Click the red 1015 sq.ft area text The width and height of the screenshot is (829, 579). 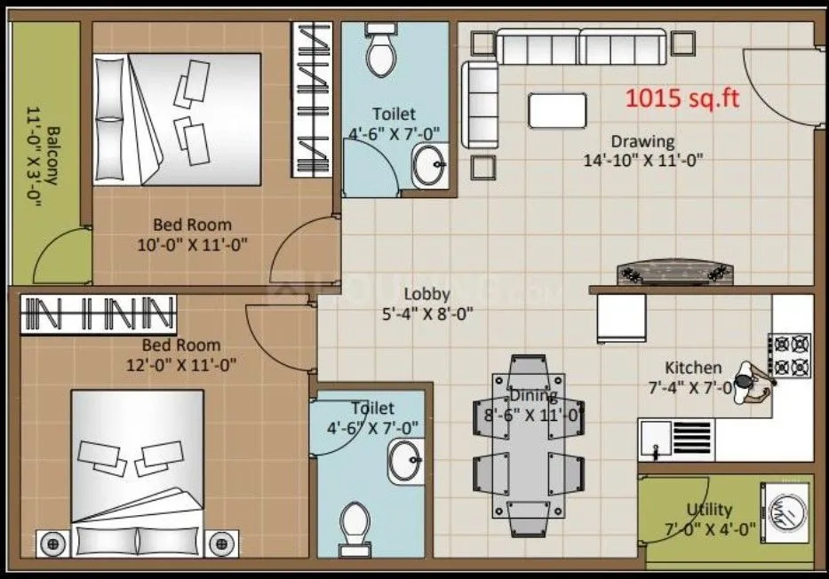pos(682,99)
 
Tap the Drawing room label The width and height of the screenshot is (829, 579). pos(642,141)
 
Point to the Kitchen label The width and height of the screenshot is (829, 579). pos(693,368)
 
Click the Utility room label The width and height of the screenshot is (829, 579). pos(709,510)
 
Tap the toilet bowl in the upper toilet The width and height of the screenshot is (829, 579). pos(381,52)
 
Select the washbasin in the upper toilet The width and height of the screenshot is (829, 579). pos(429,165)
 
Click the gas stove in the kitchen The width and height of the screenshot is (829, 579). pos(792,354)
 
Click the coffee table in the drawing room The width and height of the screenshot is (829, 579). pos(557,111)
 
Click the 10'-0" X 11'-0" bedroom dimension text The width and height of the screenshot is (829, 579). pos(192,242)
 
